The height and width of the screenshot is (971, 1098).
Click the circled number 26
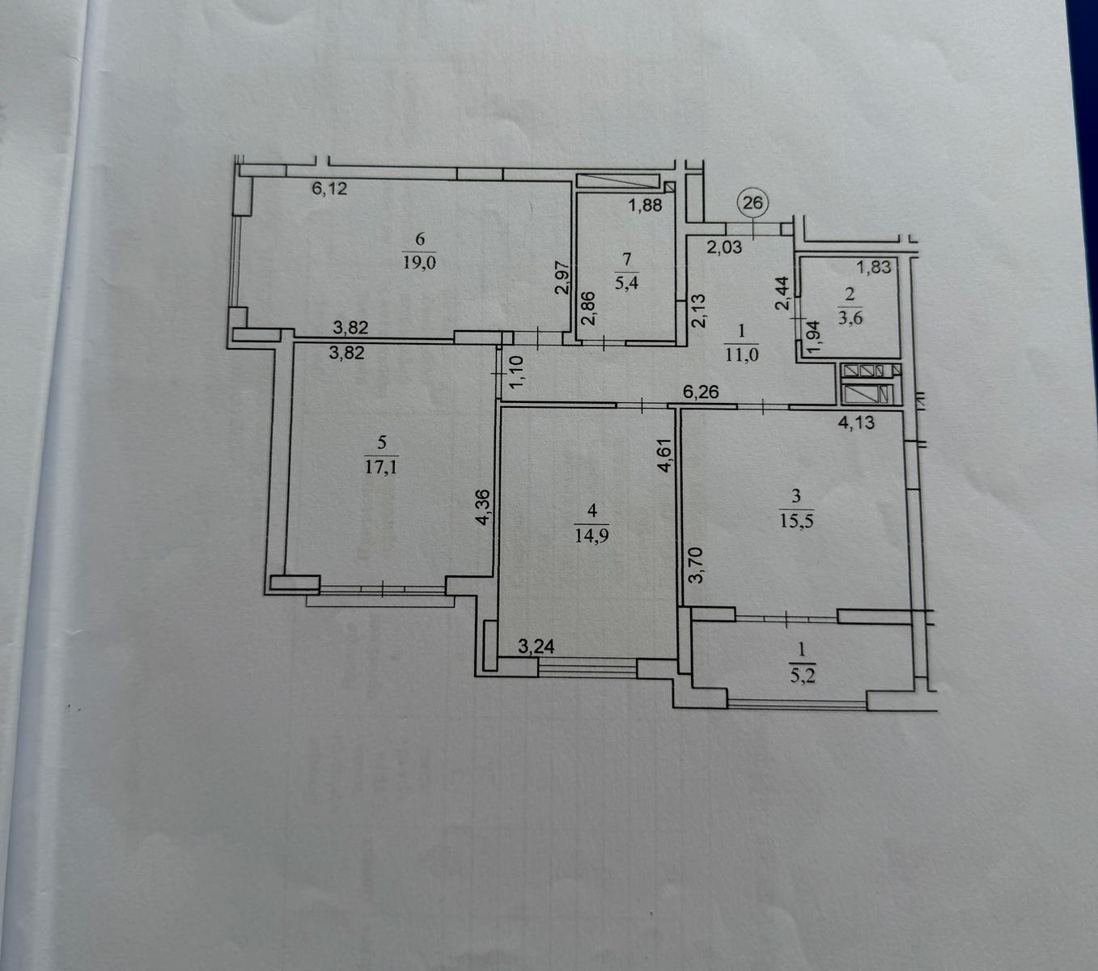(x=752, y=203)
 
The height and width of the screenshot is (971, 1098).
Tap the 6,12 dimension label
(x=329, y=189)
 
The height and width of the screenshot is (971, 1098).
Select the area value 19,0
(x=419, y=262)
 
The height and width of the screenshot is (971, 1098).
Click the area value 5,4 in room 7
(x=626, y=282)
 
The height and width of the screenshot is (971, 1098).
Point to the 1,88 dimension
(x=645, y=205)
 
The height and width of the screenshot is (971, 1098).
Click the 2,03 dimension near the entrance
(x=724, y=248)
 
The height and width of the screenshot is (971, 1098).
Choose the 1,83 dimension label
(x=874, y=267)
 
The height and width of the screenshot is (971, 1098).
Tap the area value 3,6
(x=850, y=317)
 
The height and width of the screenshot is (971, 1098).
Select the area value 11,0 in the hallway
(x=741, y=354)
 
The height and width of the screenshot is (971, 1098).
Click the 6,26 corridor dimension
(x=701, y=392)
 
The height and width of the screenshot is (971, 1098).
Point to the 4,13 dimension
(x=856, y=422)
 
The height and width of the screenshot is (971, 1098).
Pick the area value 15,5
(x=796, y=521)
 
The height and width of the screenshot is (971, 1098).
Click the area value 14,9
(x=591, y=536)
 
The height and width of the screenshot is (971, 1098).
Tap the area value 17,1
(x=381, y=467)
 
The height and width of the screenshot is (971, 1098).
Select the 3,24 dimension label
(x=536, y=647)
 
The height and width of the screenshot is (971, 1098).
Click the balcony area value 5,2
(x=803, y=676)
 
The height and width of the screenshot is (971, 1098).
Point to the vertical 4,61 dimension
(x=666, y=456)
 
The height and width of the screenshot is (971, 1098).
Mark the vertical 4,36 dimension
(x=482, y=507)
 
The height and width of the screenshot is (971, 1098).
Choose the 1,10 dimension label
(x=516, y=371)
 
